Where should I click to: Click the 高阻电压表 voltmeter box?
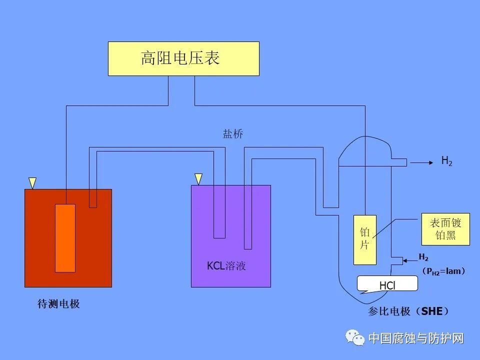(183, 58)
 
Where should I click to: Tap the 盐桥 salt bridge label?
(233, 134)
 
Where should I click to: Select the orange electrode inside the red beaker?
(65, 238)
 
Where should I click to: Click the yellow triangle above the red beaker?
(32, 182)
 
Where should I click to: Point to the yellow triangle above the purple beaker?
(198, 178)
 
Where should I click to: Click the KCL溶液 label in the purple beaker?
(226, 266)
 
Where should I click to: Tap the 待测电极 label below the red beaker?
(58, 304)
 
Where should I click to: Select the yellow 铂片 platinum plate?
(364, 239)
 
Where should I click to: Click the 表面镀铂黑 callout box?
(445, 229)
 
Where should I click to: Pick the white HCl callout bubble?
(387, 284)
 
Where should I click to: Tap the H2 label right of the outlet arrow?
(446, 161)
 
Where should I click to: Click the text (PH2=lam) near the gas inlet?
(443, 271)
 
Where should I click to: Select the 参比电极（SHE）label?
(408, 311)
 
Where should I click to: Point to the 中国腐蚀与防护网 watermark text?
(416, 338)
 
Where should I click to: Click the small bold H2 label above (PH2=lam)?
(423, 257)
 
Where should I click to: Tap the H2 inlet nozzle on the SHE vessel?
(397, 260)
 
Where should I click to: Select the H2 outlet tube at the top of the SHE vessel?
(398, 162)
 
